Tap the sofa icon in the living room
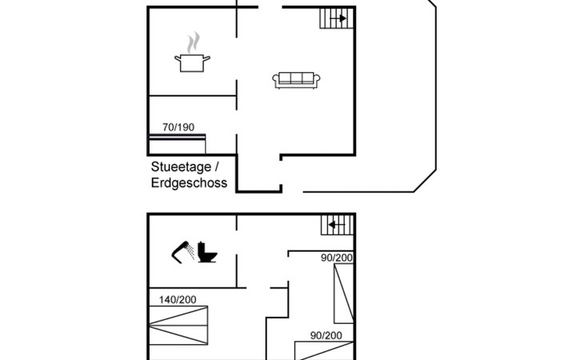296,81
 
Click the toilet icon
207,253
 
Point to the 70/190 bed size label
178,127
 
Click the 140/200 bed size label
178,300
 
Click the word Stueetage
181,167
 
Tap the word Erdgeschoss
190,183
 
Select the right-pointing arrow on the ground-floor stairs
338,18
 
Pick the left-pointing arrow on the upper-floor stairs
337,225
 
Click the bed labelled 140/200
178,326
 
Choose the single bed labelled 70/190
178,144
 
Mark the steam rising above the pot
194,42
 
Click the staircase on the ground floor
336,18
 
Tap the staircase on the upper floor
337,225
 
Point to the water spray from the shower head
190,251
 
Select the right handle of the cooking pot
206,58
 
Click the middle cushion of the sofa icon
296,78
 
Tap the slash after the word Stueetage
216,167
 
